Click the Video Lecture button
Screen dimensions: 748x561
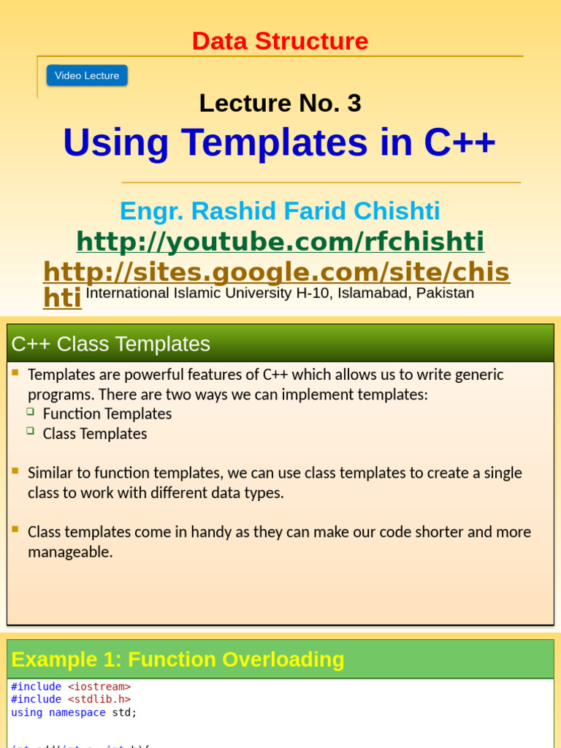(87, 75)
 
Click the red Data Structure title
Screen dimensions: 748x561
(280, 41)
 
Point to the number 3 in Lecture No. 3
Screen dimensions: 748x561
(354, 104)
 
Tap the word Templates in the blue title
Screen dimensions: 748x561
(275, 142)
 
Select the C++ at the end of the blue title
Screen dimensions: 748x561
(459, 142)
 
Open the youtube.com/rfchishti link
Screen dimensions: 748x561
(280, 241)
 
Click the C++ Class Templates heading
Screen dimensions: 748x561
(111, 343)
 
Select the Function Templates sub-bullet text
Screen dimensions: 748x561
(107, 413)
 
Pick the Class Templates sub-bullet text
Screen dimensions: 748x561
(95, 433)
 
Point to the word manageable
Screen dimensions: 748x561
(70, 552)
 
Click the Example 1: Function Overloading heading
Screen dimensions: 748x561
(178, 660)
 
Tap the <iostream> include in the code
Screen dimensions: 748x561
(99, 687)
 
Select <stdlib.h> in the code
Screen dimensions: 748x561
(99, 699)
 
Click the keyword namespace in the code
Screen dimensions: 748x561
(77, 712)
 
